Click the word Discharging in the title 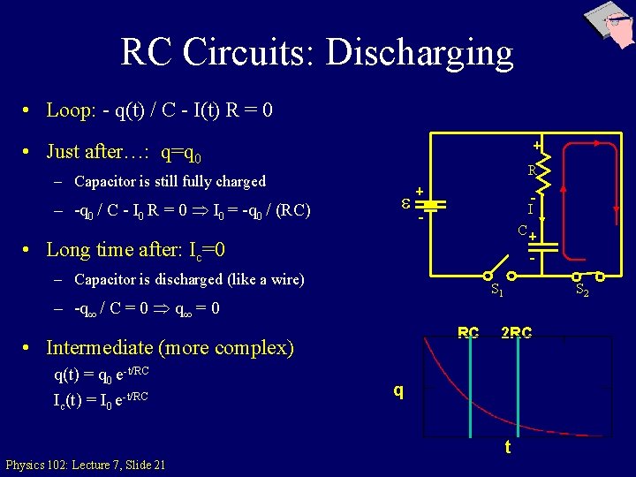coord(420,53)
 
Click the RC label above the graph coord(468,333)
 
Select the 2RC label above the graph coord(516,333)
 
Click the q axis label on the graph coord(399,390)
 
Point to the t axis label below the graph coord(507,447)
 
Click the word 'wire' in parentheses coord(283,280)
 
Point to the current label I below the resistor coord(530,208)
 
